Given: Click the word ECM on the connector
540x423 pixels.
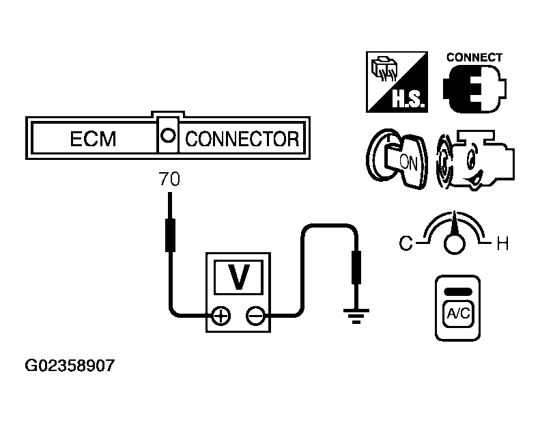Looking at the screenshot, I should [x=93, y=139].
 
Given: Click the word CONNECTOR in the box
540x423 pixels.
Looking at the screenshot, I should [x=242, y=139].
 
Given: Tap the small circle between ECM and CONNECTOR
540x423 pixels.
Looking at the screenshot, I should [x=167, y=135].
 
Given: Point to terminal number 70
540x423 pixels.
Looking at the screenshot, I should [x=169, y=180].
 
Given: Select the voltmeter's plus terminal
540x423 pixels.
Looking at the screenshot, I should [x=222, y=316].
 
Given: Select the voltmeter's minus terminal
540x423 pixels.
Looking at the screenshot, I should [x=255, y=316].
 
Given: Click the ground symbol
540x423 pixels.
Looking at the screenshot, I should [x=356, y=315].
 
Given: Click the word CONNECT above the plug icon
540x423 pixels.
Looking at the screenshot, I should [x=474, y=57].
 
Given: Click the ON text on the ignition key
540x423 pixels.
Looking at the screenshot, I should [x=407, y=161].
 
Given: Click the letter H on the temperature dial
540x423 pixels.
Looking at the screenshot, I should [x=502, y=244].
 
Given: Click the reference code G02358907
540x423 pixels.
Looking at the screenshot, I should [x=70, y=366].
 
